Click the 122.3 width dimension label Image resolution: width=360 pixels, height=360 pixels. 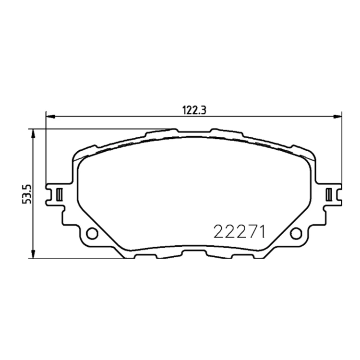[x=194, y=110]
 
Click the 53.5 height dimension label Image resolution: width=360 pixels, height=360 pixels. [x=26, y=194]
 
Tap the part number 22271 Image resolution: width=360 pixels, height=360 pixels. [x=240, y=232]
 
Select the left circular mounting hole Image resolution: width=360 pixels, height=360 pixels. [x=92, y=233]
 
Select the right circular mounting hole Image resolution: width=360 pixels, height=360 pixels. [x=296, y=233]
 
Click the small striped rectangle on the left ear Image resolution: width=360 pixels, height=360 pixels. [x=59, y=194]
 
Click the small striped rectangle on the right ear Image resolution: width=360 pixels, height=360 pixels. [x=329, y=194]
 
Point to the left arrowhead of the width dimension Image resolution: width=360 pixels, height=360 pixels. [x=50, y=117]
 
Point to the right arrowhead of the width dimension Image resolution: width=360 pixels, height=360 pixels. [x=337, y=117]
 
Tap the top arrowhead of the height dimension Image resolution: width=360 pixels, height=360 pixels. [x=33, y=133]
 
